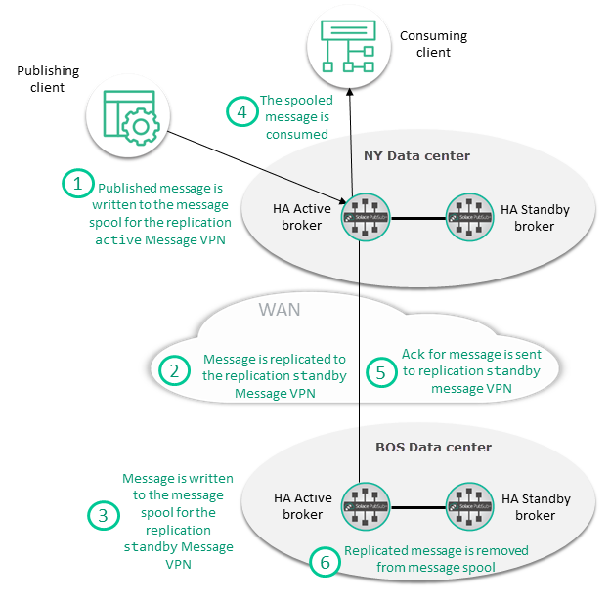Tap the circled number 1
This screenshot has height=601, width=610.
78,184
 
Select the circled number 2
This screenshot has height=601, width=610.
174,371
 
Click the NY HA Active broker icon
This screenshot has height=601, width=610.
360,214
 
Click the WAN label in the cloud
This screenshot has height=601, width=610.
279,310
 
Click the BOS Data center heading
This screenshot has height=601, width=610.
433,447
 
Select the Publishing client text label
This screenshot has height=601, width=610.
48,79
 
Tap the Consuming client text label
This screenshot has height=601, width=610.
433,44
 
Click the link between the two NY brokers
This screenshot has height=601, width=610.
414,214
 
